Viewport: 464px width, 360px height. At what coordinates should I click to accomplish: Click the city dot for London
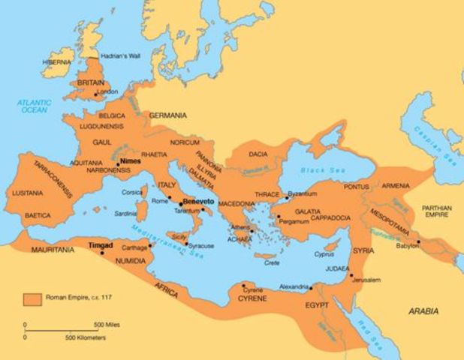tap(95, 94)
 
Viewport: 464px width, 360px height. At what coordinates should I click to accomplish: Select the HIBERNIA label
tap(59, 62)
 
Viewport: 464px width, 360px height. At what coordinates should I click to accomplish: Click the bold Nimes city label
tap(130, 160)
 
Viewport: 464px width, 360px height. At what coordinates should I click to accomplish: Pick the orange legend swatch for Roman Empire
tap(32, 298)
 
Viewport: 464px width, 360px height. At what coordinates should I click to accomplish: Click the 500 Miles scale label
tap(108, 324)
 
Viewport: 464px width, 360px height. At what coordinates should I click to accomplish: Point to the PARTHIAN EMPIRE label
tap(437, 211)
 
